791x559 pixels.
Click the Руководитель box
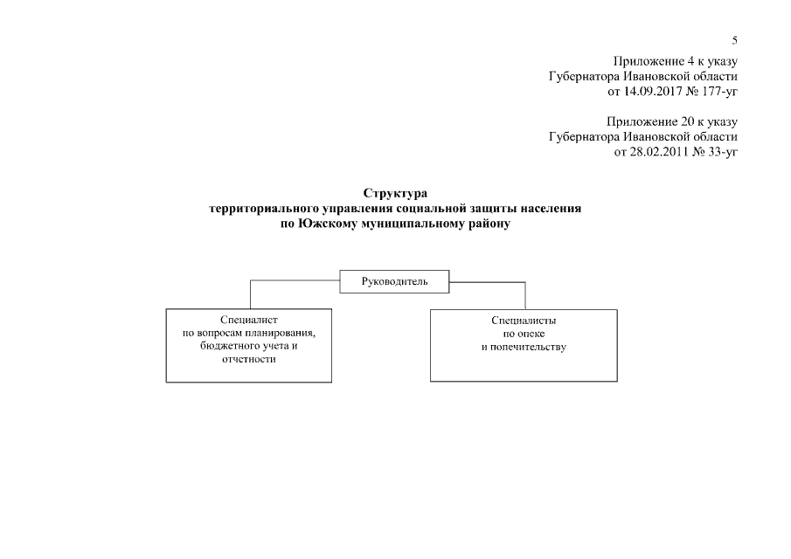pyautogui.click(x=395, y=281)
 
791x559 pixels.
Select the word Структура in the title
pyautogui.click(x=395, y=192)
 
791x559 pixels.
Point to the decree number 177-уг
pyautogui.click(x=718, y=91)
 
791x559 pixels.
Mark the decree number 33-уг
pyautogui.click(x=720, y=152)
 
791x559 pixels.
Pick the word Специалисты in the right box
pyautogui.click(x=524, y=321)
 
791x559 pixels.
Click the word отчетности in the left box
pyautogui.click(x=249, y=360)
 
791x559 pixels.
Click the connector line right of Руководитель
pyautogui.click(x=488, y=283)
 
